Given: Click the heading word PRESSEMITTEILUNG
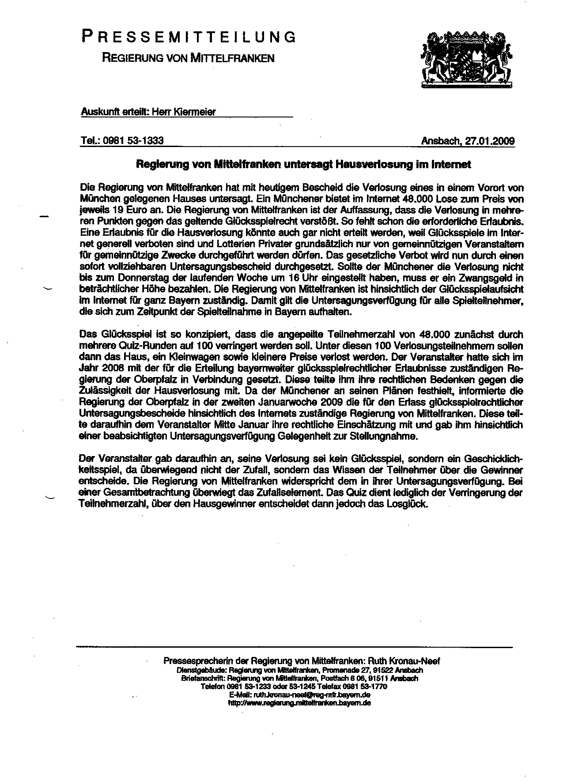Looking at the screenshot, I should (x=189, y=37).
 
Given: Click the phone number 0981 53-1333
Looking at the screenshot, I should (x=133, y=141).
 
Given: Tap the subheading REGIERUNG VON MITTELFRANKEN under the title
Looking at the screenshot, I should (x=188, y=57).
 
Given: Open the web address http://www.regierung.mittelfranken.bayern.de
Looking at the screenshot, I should (x=299, y=702).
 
